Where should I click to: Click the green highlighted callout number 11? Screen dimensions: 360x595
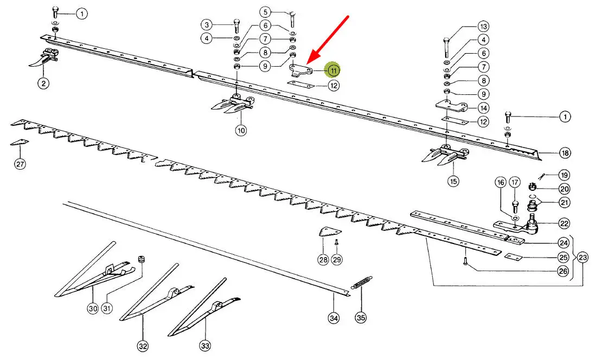tap(332, 70)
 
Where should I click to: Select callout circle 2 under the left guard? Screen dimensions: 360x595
tap(42, 83)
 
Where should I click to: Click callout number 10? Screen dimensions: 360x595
tap(240, 130)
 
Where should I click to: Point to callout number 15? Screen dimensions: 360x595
tap(453, 181)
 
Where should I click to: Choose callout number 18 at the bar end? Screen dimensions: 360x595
tap(565, 153)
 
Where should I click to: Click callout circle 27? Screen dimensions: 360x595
tap(20, 165)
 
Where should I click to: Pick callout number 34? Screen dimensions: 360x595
tap(334, 318)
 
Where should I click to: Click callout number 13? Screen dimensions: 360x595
tap(483, 26)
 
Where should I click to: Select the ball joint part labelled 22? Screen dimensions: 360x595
tap(532, 224)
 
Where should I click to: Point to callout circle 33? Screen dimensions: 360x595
tap(205, 345)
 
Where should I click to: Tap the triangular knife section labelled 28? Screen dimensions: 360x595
tap(324, 232)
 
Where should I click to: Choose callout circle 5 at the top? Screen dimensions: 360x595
tap(265, 11)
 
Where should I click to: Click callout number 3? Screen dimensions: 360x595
tap(207, 24)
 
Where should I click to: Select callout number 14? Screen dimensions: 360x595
tap(483, 107)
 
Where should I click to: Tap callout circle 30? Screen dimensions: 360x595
tap(92, 308)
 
